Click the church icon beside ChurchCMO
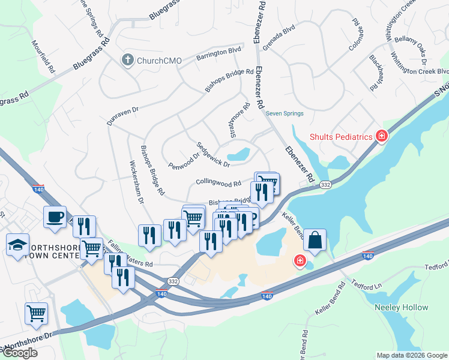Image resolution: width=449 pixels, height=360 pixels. pyautogui.click(x=127, y=59)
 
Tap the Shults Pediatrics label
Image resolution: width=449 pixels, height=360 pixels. pyautogui.click(x=341, y=137)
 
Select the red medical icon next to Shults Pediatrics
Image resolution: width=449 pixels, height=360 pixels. pyautogui.click(x=381, y=137)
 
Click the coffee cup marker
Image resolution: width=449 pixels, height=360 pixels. pyautogui.click(x=55, y=217)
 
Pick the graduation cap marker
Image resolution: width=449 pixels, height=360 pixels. pyautogui.click(x=17, y=245)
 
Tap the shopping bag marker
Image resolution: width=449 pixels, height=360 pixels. pyautogui.click(x=315, y=240)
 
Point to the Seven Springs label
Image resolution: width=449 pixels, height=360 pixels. pyautogui.click(x=285, y=113)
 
